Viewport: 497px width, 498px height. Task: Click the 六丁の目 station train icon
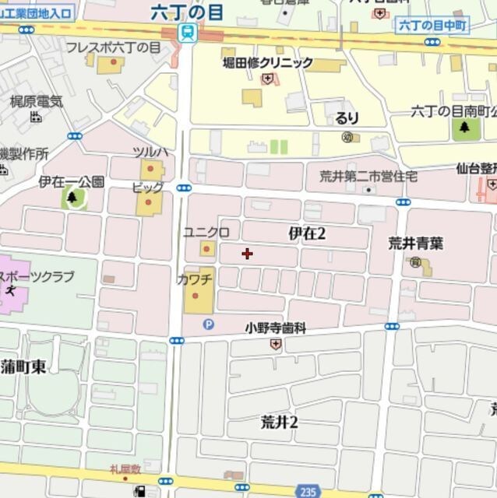click(186, 32)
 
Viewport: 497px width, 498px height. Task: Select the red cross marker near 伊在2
click(248, 253)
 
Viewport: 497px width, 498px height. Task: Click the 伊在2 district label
click(306, 233)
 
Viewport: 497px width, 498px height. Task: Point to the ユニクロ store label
click(206, 232)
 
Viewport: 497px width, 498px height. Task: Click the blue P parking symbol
click(207, 324)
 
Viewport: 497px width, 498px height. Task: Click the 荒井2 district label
click(280, 423)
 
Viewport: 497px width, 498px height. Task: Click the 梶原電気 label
click(36, 100)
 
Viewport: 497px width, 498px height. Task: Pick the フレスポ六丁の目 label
click(113, 47)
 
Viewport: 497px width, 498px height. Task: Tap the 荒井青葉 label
click(416, 243)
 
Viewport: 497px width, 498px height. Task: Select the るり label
click(347, 118)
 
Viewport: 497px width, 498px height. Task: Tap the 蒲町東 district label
click(23, 367)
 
